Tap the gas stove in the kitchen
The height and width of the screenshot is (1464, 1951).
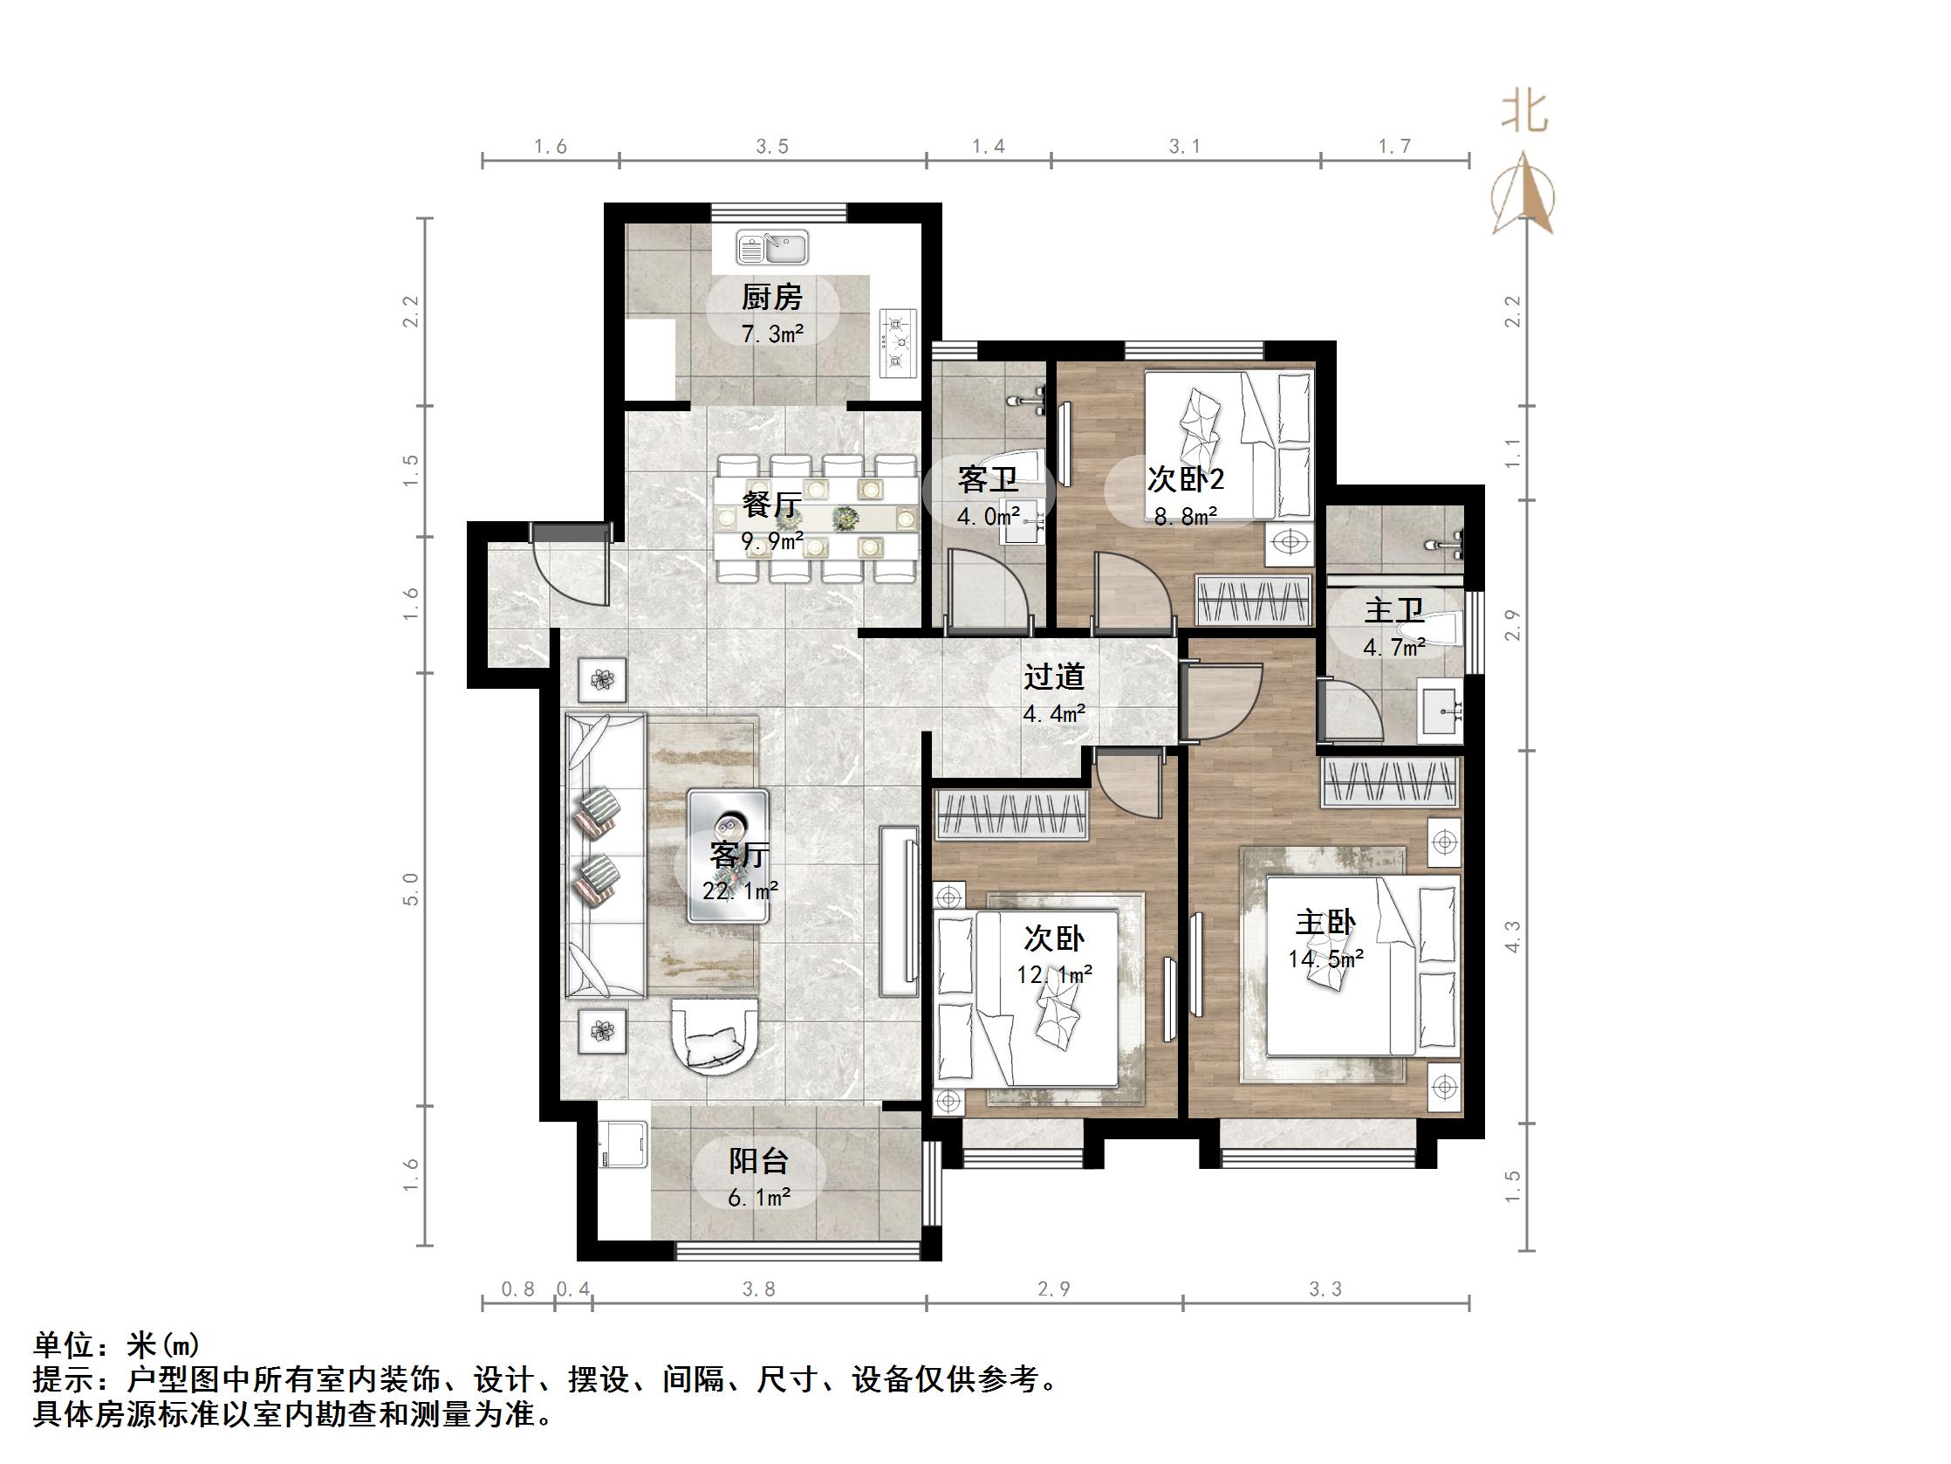[x=898, y=343]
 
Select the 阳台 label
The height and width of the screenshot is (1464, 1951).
[x=758, y=1160]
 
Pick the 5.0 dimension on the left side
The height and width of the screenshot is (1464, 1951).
[x=411, y=889]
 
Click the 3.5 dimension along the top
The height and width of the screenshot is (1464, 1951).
[x=771, y=147]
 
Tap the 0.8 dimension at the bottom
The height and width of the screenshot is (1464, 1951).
[x=517, y=1289]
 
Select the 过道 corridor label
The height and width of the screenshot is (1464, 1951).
[x=1054, y=677]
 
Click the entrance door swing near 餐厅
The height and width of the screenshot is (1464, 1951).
[x=573, y=565]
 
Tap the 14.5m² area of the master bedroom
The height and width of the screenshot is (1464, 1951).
[x=1325, y=959]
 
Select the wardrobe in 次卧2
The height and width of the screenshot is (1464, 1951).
[x=1252, y=599]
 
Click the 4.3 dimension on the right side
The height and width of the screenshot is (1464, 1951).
[x=1513, y=937]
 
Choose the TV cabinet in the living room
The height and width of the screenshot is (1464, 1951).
[x=899, y=911]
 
